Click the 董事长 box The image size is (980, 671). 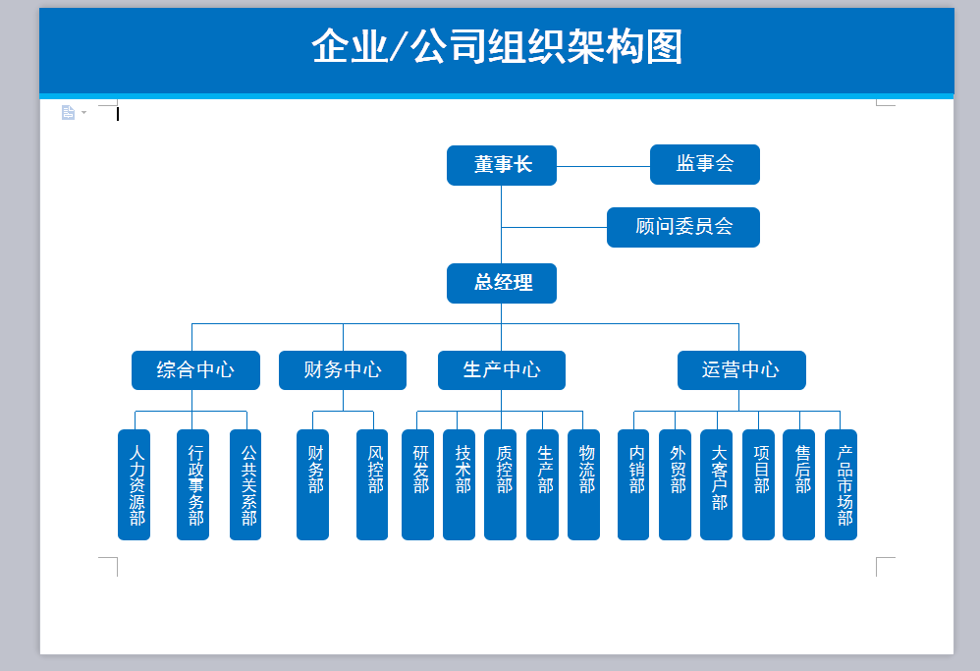point(501,165)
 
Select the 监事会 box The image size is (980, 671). point(705,164)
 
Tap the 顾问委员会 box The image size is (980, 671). point(683,227)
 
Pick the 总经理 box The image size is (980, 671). point(501,283)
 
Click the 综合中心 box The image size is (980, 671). point(195,370)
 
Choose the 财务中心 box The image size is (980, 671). point(343,370)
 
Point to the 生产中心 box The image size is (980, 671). point(501,370)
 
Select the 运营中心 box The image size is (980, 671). point(741,370)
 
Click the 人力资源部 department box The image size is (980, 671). point(134,484)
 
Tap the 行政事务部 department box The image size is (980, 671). point(192,484)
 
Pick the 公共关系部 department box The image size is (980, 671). point(245,484)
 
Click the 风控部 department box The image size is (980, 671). point(372,484)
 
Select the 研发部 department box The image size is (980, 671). point(417,484)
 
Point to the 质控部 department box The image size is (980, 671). point(500,484)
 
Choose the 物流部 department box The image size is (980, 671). point(583,484)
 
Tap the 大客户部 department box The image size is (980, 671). point(716,484)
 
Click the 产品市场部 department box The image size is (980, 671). point(841,484)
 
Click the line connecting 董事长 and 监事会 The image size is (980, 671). point(603,166)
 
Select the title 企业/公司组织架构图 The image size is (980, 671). point(497,46)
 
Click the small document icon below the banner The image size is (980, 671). point(68,112)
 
